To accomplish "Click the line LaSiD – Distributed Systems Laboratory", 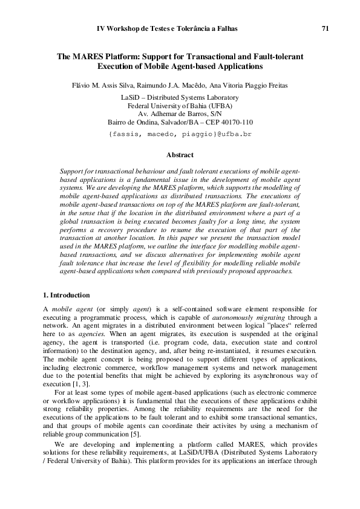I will (x=180, y=97).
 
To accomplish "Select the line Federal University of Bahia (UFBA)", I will (x=180, y=105).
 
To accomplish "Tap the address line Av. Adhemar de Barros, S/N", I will (x=180, y=113).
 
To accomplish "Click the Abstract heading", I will (x=180, y=155).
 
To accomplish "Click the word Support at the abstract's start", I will (x=74, y=172).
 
